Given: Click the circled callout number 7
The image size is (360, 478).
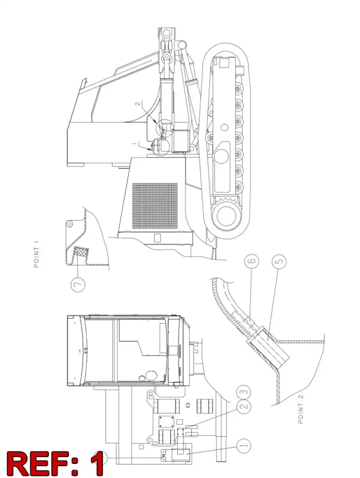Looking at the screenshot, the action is (x=78, y=284).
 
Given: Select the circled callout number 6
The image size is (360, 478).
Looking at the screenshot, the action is (x=252, y=261).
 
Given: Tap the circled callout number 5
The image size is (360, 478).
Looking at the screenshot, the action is (x=280, y=261).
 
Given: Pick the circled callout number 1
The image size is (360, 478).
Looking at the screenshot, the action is (x=244, y=446).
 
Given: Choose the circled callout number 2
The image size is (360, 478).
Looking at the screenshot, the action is (x=244, y=406).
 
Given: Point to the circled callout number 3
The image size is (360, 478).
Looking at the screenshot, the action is (x=244, y=392).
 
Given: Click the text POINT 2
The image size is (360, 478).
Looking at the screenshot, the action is (x=300, y=409).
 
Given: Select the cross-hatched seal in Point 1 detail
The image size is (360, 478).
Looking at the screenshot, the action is (x=81, y=253).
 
